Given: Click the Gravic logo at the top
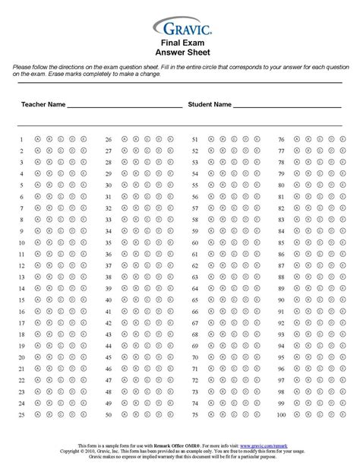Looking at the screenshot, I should [179, 28].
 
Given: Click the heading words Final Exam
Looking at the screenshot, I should [179, 44].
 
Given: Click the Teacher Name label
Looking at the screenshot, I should [43, 104].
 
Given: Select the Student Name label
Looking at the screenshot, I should [210, 104].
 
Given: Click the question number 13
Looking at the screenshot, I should [21, 277].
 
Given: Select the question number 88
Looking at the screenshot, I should [281, 277].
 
